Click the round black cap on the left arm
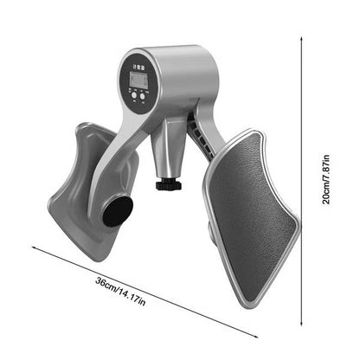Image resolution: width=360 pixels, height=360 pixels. (117, 210)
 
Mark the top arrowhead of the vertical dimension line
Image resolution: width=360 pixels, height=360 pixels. (303, 40)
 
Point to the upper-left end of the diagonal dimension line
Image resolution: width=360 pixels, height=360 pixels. (35, 246)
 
